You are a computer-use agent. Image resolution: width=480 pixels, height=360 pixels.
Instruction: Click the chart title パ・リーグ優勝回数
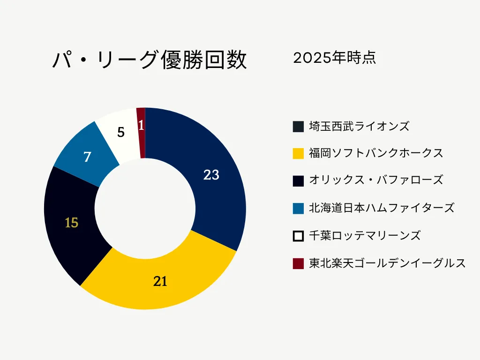pyautogui.click(x=149, y=60)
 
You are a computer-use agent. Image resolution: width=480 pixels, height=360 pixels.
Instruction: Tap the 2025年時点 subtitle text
pyautogui.click(x=334, y=58)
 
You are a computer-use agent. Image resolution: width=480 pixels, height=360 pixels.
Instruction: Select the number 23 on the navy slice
pyautogui.click(x=211, y=175)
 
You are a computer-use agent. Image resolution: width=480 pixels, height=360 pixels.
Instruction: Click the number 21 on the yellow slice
pyautogui.click(x=160, y=281)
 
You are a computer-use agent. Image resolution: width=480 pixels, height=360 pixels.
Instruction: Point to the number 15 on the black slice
pyautogui.click(x=71, y=223)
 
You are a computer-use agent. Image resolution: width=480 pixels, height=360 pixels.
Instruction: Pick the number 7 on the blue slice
pyautogui.click(x=87, y=157)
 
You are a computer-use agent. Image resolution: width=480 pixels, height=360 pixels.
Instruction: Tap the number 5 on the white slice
pyautogui.click(x=121, y=133)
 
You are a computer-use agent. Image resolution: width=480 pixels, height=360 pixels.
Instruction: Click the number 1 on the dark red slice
pyautogui.click(x=141, y=126)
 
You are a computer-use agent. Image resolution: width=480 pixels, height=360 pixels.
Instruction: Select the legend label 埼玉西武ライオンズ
pyautogui.click(x=359, y=126)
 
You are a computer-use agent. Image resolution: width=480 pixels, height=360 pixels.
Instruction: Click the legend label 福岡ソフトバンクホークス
pyautogui.click(x=376, y=153)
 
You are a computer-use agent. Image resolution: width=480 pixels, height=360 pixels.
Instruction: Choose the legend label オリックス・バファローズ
pyautogui.click(x=376, y=180)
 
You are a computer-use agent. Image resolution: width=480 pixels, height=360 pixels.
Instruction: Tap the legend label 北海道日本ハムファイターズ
pyautogui.click(x=382, y=208)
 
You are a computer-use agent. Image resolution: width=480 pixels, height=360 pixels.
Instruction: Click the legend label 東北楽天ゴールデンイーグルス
pyautogui.click(x=387, y=263)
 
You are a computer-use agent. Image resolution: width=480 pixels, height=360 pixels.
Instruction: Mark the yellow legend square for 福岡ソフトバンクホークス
pyautogui.click(x=298, y=154)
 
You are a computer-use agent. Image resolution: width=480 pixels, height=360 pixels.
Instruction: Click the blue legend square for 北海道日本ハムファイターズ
pyautogui.click(x=298, y=208)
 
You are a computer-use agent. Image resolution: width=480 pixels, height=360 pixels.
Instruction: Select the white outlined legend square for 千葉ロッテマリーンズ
pyautogui.click(x=298, y=236)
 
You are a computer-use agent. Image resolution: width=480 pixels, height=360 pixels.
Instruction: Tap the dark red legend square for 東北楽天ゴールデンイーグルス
pyautogui.click(x=298, y=263)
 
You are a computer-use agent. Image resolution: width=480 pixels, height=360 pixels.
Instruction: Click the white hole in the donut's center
pyautogui.click(x=145, y=208)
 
